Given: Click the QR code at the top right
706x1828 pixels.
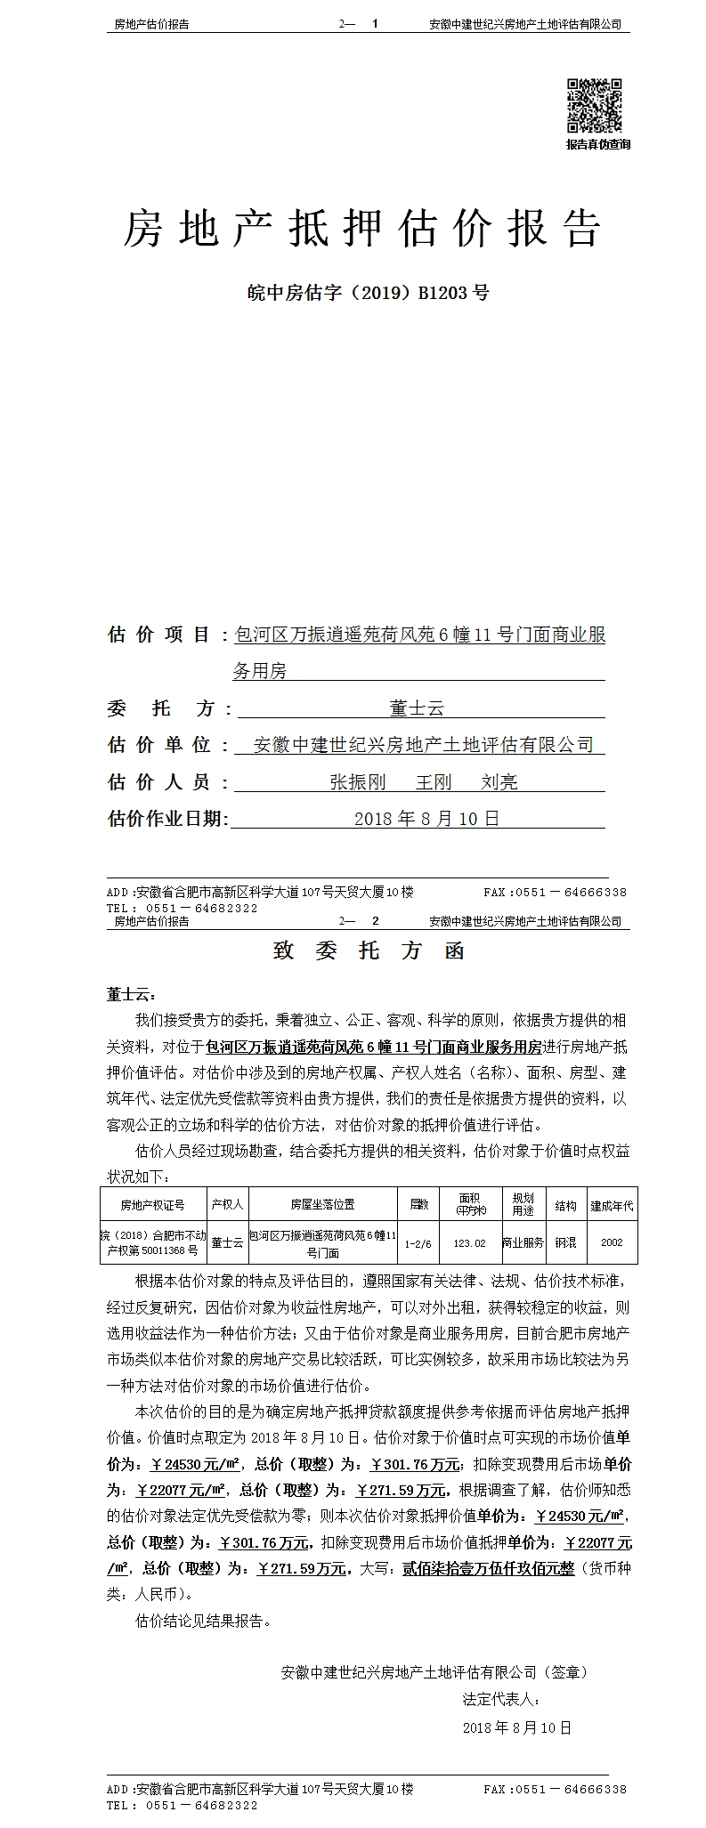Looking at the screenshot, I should [595, 106].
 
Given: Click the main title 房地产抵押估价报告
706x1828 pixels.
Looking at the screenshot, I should [361, 230].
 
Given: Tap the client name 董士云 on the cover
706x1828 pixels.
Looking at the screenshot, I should [417, 708].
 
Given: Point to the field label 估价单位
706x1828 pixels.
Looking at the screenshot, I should [158, 745].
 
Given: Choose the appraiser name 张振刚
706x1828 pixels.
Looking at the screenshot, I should [357, 782].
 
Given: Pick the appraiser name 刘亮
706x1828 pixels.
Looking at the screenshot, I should [499, 782].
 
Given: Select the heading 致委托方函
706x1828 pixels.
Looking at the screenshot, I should [369, 950].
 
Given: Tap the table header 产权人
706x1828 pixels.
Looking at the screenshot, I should [227, 1205].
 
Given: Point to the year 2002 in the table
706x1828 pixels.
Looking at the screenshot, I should [612, 1243].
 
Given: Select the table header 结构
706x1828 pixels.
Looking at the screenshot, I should [565, 1205].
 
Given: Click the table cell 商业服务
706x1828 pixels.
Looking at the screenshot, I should [523, 1243].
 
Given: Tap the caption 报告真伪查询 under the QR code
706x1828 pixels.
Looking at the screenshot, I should [597, 144].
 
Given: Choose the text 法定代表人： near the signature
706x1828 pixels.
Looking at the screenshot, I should [501, 1699].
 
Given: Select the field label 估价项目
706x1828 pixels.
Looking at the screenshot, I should [158, 635].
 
